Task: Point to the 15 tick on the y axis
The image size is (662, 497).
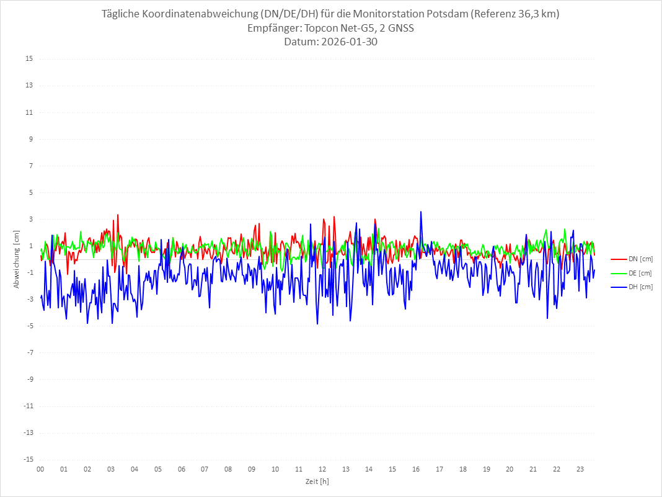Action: [x=29, y=59]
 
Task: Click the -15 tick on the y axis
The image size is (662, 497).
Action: [x=28, y=459]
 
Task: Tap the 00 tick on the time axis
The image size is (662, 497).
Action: [x=40, y=469]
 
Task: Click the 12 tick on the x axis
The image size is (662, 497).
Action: [x=322, y=469]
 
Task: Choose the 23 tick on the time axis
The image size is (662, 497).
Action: [x=580, y=469]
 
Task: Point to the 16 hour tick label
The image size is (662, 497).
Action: [x=416, y=469]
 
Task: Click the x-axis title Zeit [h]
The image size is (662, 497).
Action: [x=317, y=481]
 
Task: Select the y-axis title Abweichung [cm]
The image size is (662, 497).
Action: [x=17, y=259]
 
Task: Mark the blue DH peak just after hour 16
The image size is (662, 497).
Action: [x=421, y=212]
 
